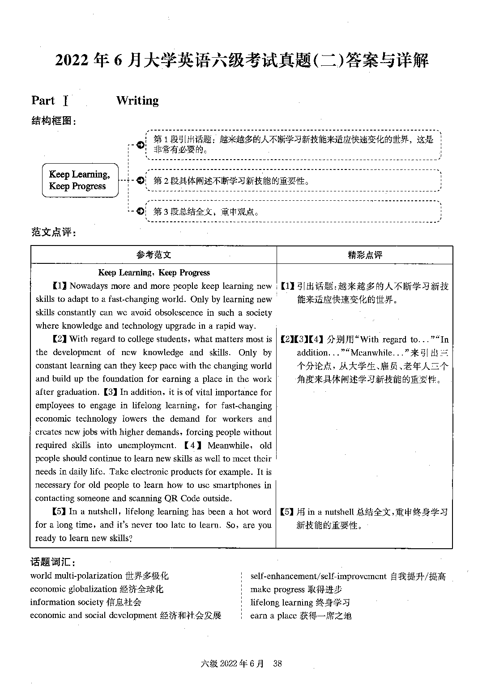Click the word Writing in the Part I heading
[137, 101]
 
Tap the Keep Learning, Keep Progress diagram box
[80, 180]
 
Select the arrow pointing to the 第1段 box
[141, 145]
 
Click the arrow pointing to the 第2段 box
[141, 180]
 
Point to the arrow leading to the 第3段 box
[141, 211]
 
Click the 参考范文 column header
[154, 255]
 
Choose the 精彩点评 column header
[365, 255]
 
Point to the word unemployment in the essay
[147, 445]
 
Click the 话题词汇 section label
[53, 562]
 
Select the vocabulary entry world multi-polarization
[76, 576]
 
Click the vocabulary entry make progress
[277, 589]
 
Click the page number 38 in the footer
[277, 663]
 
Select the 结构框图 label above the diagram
[53, 121]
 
